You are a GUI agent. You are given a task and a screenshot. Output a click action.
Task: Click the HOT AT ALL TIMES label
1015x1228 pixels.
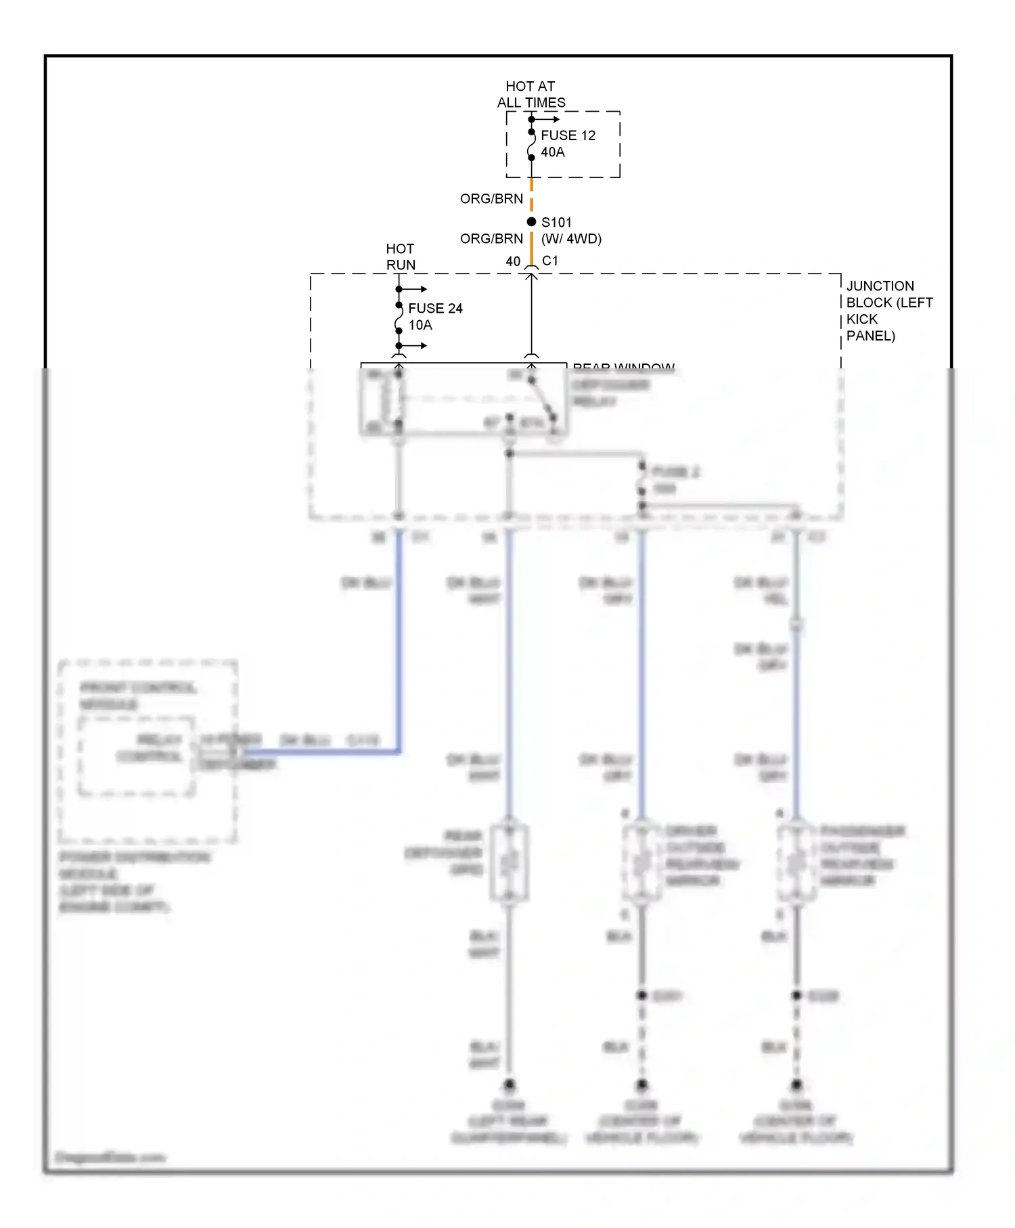coord(531,94)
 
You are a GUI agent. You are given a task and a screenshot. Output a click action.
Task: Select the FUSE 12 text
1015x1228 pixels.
coord(568,135)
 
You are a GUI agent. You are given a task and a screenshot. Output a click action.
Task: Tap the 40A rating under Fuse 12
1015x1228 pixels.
coord(552,152)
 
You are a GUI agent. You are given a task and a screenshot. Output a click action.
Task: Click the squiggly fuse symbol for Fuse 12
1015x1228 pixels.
coord(531,145)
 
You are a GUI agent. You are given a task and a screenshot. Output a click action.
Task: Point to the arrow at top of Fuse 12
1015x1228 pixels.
coord(548,120)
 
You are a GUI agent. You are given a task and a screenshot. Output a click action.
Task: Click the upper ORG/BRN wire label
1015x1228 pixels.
coord(491,198)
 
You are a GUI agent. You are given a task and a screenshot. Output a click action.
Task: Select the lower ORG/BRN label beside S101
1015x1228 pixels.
coord(491,239)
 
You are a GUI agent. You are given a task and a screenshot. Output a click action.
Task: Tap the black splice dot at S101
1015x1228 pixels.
coord(531,222)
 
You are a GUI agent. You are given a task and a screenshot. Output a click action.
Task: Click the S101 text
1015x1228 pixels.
coord(556,222)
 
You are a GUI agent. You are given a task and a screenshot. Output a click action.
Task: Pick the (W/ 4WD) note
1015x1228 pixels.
coord(571,239)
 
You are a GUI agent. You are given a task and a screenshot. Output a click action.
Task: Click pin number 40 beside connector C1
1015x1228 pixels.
coord(513,261)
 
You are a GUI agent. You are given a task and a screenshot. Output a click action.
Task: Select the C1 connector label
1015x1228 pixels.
coord(550,261)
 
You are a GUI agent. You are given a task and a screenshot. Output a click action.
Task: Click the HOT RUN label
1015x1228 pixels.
coord(401,257)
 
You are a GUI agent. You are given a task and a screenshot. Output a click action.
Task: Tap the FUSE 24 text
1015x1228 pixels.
coord(435,308)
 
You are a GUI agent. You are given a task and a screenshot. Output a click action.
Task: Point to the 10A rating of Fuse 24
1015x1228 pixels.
coord(420,325)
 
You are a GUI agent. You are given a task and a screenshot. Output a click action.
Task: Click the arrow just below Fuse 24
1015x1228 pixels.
coord(415,346)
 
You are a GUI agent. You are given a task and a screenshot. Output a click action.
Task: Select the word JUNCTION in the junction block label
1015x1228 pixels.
coord(880,286)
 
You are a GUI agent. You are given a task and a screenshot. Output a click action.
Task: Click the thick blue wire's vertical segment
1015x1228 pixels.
coord(399,643)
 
